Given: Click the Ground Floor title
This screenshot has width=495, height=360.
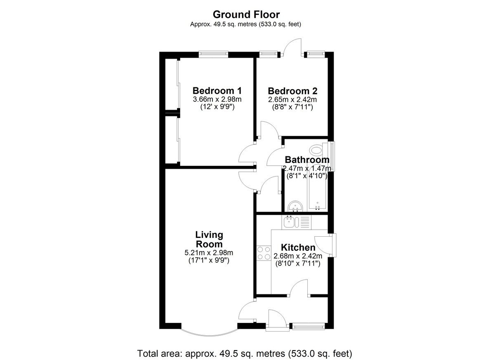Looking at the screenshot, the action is click(246, 14).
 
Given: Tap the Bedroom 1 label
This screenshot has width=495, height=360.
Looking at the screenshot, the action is click(217, 91).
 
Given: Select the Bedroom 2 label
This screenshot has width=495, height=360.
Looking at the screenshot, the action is click(292, 91).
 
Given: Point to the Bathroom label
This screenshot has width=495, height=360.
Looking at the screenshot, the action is click(307, 160).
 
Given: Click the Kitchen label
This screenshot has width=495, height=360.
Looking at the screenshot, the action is click(298, 247).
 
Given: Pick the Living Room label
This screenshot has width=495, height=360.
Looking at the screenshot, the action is click(209, 240).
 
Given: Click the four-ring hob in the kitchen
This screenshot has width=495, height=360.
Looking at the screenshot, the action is click(264, 253).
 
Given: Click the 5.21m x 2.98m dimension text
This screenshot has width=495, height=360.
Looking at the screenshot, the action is click(209, 253).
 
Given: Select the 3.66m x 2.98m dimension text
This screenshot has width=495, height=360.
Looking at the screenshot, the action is click(217, 99).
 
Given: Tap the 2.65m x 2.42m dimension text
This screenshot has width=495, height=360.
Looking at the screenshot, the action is click(292, 100).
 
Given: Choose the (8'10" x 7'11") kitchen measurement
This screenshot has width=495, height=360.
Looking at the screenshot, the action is click(298, 264).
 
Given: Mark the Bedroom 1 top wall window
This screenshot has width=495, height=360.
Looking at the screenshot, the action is click(213, 54).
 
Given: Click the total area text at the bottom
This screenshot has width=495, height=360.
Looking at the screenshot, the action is click(245, 353).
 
